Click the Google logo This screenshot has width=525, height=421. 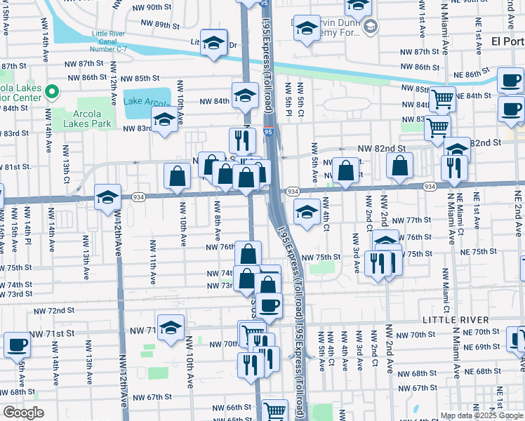pyautogui.click(x=23, y=413)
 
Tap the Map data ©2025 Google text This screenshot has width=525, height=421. pyautogui.click(x=481, y=415)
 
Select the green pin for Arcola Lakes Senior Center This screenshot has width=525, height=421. pyautogui.click(x=51, y=91)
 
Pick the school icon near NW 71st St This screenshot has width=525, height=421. pyautogui.click(x=171, y=327)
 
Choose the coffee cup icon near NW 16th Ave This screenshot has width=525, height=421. pyautogui.click(x=17, y=345)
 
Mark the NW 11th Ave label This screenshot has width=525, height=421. pyautogui.click(x=152, y=261)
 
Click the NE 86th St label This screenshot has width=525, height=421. pyautogui.click(x=470, y=74)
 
